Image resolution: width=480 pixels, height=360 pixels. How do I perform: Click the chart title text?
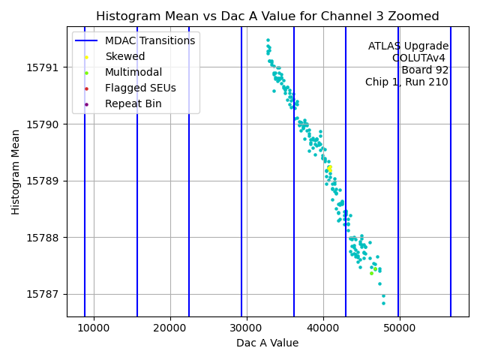click(x=267, y=16)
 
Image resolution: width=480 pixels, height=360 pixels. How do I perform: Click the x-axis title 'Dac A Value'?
click(x=267, y=343)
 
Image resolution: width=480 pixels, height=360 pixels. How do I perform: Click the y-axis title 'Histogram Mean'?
click(x=16, y=172)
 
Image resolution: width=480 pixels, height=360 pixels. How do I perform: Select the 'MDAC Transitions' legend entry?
click(x=150, y=40)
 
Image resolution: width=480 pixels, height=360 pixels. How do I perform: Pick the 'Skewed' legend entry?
click(x=125, y=56)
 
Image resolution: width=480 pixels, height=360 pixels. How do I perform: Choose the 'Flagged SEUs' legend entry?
click(x=140, y=88)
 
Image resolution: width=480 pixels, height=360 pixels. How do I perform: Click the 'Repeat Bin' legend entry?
click(x=133, y=103)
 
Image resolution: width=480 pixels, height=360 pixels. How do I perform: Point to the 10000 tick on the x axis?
click(x=94, y=328)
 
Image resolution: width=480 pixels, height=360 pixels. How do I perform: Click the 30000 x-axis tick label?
click(x=247, y=328)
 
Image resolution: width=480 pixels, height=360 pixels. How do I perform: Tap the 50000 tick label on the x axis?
click(x=399, y=328)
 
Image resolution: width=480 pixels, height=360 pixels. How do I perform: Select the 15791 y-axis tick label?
click(x=46, y=67)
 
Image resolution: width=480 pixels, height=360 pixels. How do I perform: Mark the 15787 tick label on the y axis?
click(x=46, y=294)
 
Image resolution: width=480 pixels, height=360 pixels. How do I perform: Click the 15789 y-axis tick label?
click(x=46, y=181)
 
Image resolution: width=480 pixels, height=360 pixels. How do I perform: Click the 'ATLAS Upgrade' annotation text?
click(x=408, y=46)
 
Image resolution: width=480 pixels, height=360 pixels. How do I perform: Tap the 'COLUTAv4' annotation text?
click(x=420, y=58)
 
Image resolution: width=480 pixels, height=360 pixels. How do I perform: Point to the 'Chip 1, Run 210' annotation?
click(x=406, y=82)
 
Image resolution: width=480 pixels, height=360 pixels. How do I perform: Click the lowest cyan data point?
click(x=383, y=303)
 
